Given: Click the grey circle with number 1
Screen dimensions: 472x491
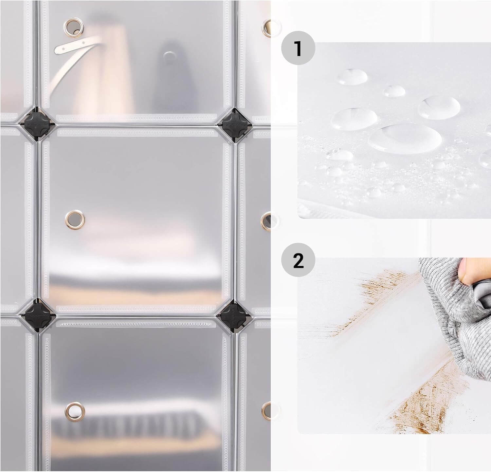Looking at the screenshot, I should tap(298, 48).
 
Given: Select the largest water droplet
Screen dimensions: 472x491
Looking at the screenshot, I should tap(405, 139).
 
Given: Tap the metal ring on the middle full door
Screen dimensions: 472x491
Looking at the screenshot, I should tap(75, 218).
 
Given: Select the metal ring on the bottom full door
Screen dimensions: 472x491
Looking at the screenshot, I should tap(75, 411).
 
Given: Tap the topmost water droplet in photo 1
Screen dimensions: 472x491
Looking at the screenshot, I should tap(353, 76).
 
